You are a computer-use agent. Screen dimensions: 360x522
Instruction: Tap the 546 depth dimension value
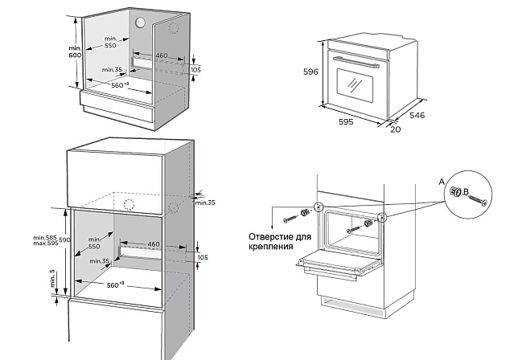point(417,116)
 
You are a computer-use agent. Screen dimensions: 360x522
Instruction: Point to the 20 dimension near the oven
point(394,130)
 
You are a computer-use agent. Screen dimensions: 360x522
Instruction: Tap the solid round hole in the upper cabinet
point(142,22)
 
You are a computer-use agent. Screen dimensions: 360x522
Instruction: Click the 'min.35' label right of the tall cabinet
point(206,202)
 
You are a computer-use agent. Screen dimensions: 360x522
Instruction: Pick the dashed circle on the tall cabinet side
point(174,207)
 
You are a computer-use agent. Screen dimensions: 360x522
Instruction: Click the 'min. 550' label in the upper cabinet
point(110,43)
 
